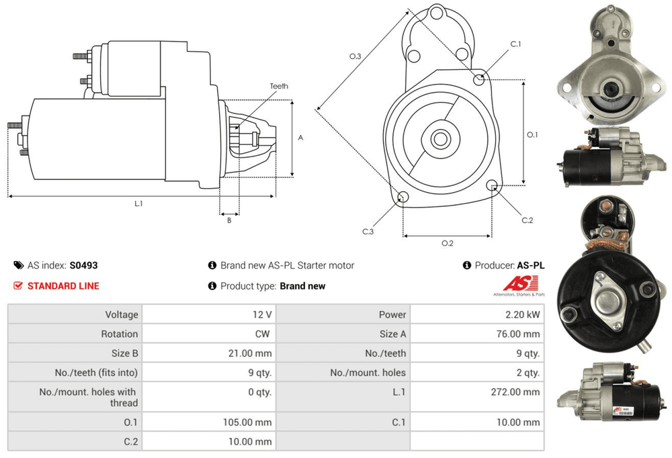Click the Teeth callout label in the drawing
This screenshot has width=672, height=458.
click(x=279, y=86)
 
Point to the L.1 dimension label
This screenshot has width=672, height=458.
click(x=138, y=203)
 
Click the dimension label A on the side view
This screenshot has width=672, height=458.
click(x=300, y=138)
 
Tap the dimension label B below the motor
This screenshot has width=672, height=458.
click(x=228, y=220)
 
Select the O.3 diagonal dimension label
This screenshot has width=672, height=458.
click(x=355, y=57)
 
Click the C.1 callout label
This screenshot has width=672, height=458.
click(x=515, y=44)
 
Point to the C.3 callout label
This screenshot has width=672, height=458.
click(x=368, y=232)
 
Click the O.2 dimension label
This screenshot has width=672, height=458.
click(x=447, y=243)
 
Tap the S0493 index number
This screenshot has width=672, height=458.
click(x=83, y=265)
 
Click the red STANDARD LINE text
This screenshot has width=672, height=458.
click(x=63, y=286)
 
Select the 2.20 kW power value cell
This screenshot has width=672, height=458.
click(x=525, y=314)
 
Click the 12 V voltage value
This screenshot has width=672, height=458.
click(x=263, y=314)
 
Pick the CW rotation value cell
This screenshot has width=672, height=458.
click(x=264, y=334)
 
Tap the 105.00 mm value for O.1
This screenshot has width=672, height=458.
click(x=249, y=422)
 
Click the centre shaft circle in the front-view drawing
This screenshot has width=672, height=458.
click(x=440, y=140)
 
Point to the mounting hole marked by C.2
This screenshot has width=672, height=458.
click(x=492, y=186)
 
